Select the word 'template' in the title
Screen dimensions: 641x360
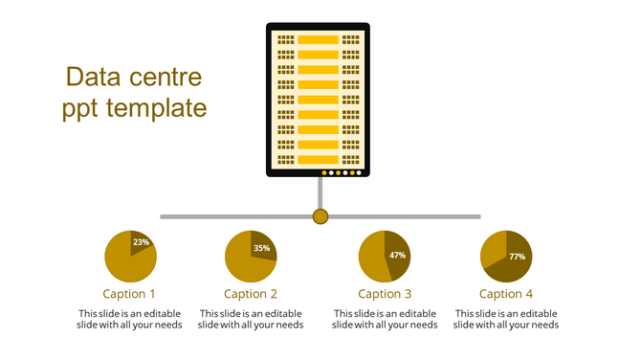(158, 108)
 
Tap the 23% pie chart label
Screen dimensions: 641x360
(142, 242)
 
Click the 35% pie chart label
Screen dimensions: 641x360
(261, 248)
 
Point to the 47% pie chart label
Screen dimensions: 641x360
(398, 256)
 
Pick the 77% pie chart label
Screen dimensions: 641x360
(517, 257)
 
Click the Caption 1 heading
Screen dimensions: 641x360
(129, 294)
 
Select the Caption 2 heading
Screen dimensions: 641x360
(251, 294)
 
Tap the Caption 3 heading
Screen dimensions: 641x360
(385, 294)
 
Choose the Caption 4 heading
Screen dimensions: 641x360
(506, 294)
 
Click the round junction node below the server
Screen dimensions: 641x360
(320, 216)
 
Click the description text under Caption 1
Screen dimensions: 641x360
(129, 319)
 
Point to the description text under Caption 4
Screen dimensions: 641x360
(506, 319)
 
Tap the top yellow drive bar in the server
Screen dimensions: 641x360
(319, 39)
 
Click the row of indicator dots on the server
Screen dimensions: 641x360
(342, 173)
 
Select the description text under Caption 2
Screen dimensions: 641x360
(251, 319)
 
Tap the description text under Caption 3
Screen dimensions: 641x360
(385, 319)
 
